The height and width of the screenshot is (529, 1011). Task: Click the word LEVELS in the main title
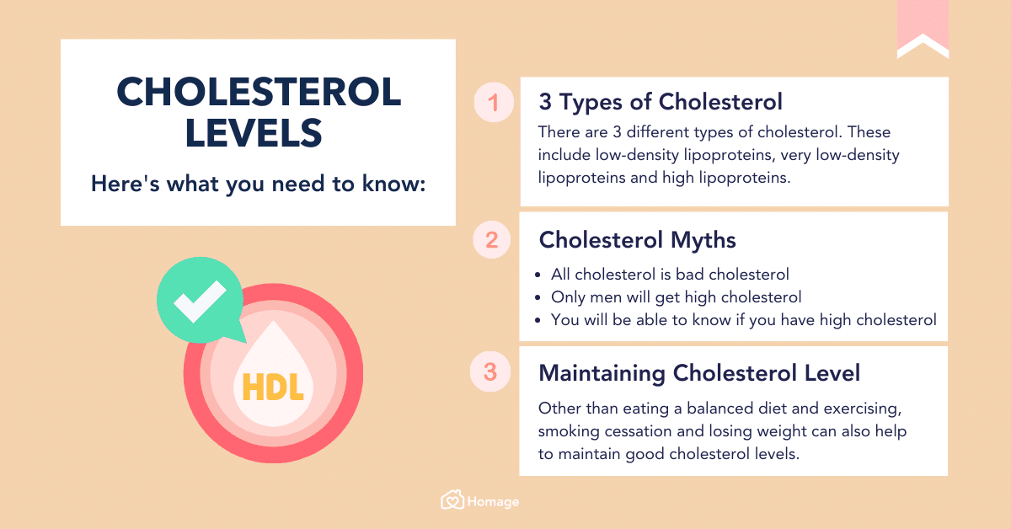pos(254,132)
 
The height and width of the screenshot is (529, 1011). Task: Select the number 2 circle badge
pos(492,240)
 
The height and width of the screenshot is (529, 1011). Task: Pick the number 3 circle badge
pos(492,372)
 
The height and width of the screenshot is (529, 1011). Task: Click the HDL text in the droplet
pos(272,387)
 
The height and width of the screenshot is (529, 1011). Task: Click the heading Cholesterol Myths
pos(637,240)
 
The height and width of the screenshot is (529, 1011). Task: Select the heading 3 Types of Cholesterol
pos(661,102)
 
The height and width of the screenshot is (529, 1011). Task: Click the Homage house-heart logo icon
pos(452,500)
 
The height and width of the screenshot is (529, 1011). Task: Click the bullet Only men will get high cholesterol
pos(676,297)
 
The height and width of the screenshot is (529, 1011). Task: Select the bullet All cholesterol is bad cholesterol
pos(670,275)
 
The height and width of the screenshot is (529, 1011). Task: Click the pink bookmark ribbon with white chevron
pos(923,29)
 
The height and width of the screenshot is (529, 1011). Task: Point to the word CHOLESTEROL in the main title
pos(259,91)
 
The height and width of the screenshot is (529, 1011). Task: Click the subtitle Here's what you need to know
pos(259,183)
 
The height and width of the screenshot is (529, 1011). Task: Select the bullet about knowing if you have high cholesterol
pos(743,320)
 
